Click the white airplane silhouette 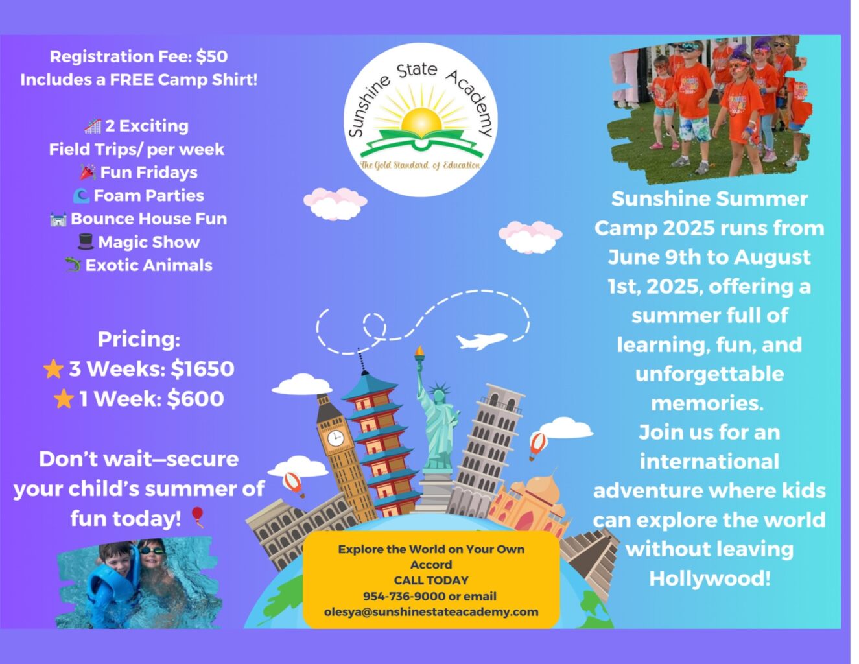(481, 341)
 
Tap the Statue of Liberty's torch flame (419, 350)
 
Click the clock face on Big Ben (336, 438)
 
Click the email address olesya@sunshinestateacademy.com (431, 612)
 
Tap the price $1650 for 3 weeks (202, 369)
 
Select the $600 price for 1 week (195, 398)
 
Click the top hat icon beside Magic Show (86, 242)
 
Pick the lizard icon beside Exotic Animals (73, 265)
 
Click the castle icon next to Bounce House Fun (58, 219)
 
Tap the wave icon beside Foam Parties (82, 196)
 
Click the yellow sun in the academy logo (421, 121)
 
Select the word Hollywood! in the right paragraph (710, 578)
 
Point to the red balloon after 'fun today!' (198, 517)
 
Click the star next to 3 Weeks (53, 369)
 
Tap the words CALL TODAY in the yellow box (431, 580)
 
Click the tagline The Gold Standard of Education (421, 165)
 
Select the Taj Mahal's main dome (543, 487)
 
